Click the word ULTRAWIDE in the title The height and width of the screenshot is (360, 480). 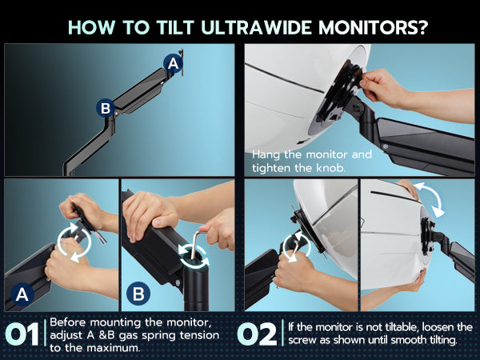pos(257,27)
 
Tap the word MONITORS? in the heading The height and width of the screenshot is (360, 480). pos(373,27)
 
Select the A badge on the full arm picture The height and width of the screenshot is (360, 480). pos(174,64)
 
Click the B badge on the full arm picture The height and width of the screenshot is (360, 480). pos(106,108)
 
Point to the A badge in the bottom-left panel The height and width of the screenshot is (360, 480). pos(22,294)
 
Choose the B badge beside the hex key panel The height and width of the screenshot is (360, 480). pos(138,294)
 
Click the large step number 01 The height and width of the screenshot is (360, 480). pos(22,334)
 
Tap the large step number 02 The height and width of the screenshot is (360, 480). pos(257,334)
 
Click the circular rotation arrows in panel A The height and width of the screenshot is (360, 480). pos(74,242)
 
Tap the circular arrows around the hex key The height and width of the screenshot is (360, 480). pos(194,256)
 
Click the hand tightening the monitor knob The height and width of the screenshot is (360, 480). pos(382,86)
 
